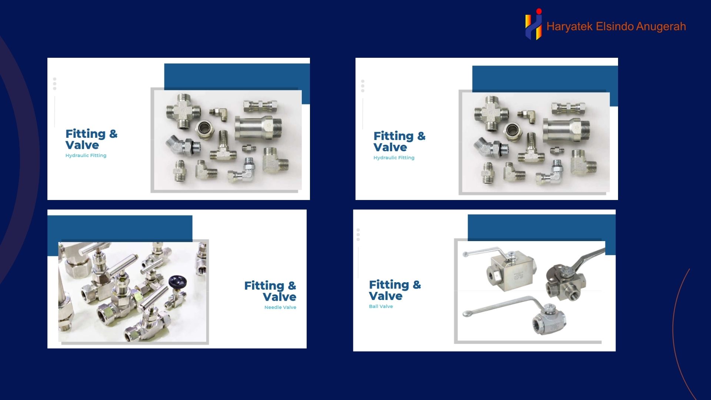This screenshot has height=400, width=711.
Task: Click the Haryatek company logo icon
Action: pyautogui.click(x=534, y=24)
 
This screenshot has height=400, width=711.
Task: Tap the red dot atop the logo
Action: pyautogui.click(x=539, y=11)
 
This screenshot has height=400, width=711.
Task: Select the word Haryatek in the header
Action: pyautogui.click(x=570, y=27)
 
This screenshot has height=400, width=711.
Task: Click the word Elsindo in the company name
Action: pyautogui.click(x=614, y=26)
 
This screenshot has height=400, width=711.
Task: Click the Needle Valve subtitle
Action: pyautogui.click(x=280, y=307)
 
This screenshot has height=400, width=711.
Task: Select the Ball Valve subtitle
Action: pyautogui.click(x=381, y=306)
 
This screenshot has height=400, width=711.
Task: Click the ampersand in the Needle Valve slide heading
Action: pyautogui.click(x=292, y=286)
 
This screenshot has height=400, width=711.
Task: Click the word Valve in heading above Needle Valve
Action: pyautogui.click(x=280, y=297)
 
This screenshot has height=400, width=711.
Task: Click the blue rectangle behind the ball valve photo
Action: pyautogui.click(x=541, y=227)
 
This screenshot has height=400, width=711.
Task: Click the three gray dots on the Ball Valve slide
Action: pyautogui.click(x=358, y=234)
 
